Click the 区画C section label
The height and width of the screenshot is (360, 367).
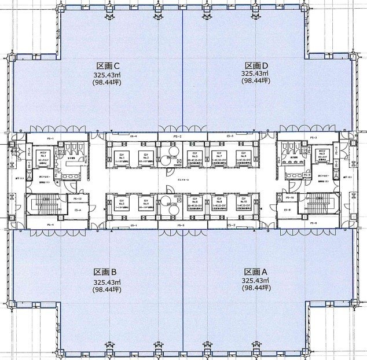(x=108, y=65)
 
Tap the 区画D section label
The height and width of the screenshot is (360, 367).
(x=255, y=65)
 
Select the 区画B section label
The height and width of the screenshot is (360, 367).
(x=106, y=271)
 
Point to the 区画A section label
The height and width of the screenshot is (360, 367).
(x=255, y=271)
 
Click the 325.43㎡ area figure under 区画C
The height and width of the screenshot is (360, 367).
(x=108, y=75)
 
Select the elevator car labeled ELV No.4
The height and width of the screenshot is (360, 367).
(x=145, y=202)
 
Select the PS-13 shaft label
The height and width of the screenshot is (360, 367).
(x=78, y=199)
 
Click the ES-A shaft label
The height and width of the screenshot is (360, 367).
(x=78, y=210)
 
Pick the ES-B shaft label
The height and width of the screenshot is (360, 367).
(x=287, y=210)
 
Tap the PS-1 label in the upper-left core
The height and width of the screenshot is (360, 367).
(x=50, y=138)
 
